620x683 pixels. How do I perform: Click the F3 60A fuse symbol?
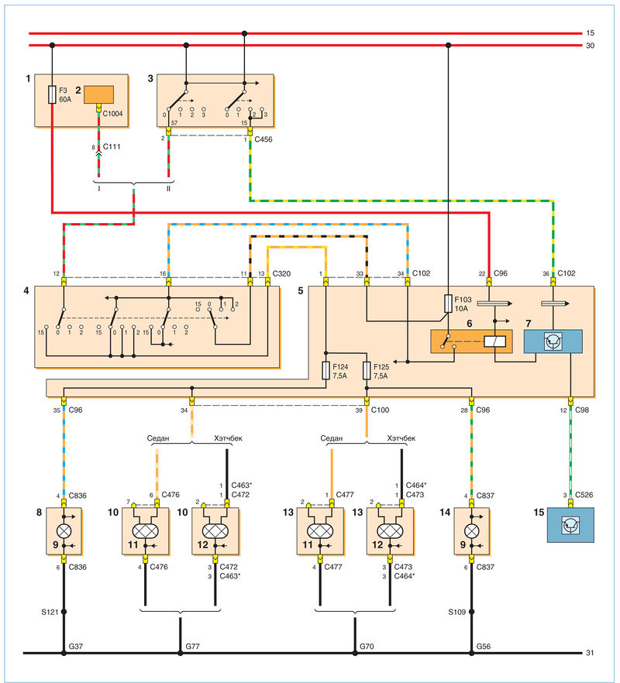click(x=52, y=94)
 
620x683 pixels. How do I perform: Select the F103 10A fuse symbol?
click(x=448, y=304)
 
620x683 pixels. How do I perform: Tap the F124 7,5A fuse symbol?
click(x=325, y=370)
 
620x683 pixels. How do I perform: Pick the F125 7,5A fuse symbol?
click(x=367, y=370)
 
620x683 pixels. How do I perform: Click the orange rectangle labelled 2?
click(x=99, y=94)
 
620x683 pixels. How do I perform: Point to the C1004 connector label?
click(x=112, y=114)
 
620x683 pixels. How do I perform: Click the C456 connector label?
click(x=263, y=139)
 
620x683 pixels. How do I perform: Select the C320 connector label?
click(x=281, y=273)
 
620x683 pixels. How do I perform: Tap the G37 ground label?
click(x=76, y=647)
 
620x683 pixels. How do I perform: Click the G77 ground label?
click(x=193, y=647)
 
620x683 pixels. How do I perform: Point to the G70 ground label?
click(x=367, y=647)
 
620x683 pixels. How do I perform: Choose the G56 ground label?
click(x=484, y=647)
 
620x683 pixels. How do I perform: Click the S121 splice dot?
click(x=64, y=612)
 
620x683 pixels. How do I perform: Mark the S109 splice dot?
click(x=471, y=612)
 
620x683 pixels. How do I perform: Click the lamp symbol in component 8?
click(x=64, y=531)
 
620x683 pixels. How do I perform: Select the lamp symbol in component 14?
click(x=471, y=531)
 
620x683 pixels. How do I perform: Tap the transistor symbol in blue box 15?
click(x=570, y=525)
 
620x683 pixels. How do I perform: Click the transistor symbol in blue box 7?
click(x=553, y=341)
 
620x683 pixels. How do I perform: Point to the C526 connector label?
click(x=584, y=495)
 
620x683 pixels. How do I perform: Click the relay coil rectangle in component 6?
click(x=495, y=341)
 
